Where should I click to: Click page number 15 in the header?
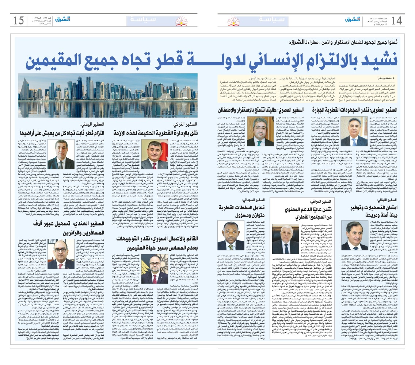[x=19, y=20]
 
